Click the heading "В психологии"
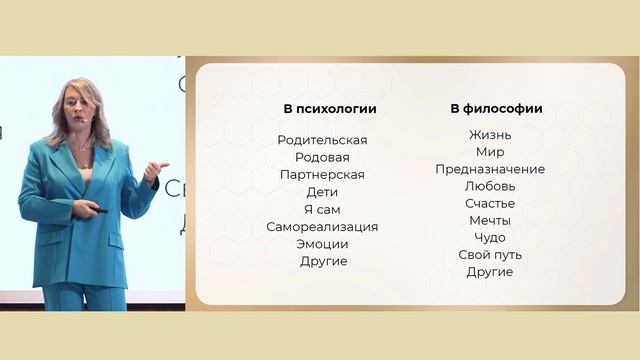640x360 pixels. pyautogui.click(x=322, y=109)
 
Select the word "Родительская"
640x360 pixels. pyautogui.click(x=322, y=140)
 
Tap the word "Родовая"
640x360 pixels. pyautogui.click(x=322, y=157)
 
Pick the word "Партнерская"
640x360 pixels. pyautogui.click(x=322, y=175)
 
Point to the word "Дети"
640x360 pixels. pyautogui.click(x=322, y=192)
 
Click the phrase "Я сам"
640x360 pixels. pyautogui.click(x=322, y=209)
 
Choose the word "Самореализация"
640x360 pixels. pyautogui.click(x=322, y=227)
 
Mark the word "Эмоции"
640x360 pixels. pyautogui.click(x=322, y=244)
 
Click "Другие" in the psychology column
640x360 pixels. pyautogui.click(x=323, y=262)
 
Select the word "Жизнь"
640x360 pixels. pyautogui.click(x=490, y=135)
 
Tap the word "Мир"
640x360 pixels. pyautogui.click(x=490, y=152)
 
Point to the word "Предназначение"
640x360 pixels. pyautogui.click(x=490, y=169)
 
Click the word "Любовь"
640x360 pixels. pyautogui.click(x=490, y=186)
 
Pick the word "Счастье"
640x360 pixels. pyautogui.click(x=490, y=203)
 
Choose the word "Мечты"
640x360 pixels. pyautogui.click(x=490, y=220)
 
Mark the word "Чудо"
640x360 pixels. pyautogui.click(x=490, y=238)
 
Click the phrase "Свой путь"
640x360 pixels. pyautogui.click(x=490, y=255)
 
